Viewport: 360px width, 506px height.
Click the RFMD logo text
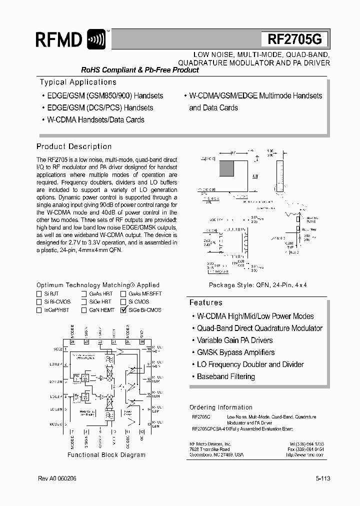coord(59,39)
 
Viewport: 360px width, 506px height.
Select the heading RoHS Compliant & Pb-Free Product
coord(140,70)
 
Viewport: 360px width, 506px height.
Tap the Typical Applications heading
coord(78,82)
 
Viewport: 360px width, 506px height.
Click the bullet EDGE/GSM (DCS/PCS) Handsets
coord(99,107)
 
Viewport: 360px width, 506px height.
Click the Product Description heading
coord(74,146)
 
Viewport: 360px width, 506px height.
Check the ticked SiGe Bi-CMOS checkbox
coord(123,310)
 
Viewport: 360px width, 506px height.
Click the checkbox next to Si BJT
coord(39,294)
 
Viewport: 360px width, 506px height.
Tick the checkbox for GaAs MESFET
coord(123,294)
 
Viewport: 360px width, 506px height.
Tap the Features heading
coord(205,302)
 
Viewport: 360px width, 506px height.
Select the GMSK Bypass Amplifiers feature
coord(235,352)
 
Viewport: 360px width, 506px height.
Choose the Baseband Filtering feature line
coord(225,376)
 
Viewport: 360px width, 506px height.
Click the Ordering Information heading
coord(220,407)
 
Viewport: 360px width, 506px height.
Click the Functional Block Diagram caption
coord(106,455)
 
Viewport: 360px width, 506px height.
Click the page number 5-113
coord(322,478)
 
